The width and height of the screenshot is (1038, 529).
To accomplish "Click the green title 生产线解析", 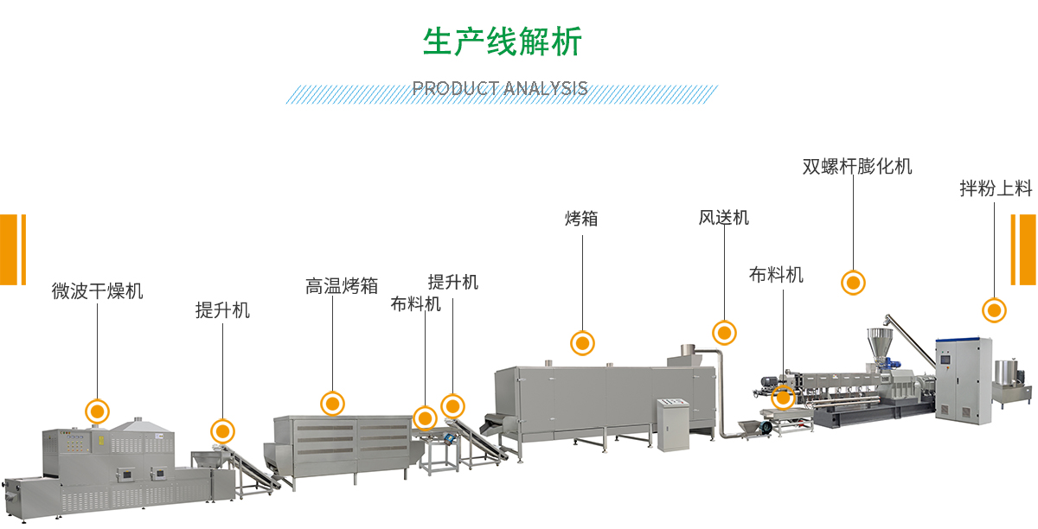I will (x=502, y=41).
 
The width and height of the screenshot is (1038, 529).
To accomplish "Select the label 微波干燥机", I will (x=97, y=290).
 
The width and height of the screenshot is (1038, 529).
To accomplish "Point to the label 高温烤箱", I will (x=342, y=285).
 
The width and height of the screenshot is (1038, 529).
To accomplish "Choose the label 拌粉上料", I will (x=996, y=188).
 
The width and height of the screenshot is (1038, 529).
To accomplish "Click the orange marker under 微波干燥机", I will (x=98, y=411).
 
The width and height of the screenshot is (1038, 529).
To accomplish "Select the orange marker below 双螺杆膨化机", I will (x=854, y=282).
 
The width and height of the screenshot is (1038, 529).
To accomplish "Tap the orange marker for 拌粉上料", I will (x=995, y=310).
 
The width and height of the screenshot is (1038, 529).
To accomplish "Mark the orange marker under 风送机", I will (x=724, y=332).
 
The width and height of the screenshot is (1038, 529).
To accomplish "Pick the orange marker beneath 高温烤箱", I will (x=332, y=403).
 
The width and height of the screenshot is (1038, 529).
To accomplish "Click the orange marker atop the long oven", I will (x=582, y=343).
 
